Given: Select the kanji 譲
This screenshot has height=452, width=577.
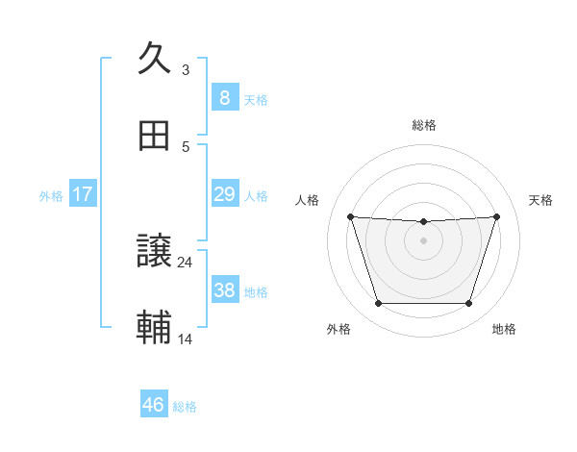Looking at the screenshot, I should coord(154,252).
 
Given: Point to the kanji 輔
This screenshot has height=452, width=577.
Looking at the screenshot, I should coord(154,327).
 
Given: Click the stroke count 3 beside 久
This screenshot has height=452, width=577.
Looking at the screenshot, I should coord(186,69).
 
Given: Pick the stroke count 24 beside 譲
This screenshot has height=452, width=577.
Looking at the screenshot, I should coord(186,262).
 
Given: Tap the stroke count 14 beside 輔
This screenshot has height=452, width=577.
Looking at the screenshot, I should coord(186,339).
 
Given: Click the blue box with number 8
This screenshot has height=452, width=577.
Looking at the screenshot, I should coord(224,98).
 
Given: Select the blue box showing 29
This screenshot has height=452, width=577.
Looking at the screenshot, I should coord(224,194).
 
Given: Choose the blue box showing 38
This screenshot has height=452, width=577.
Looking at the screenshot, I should coord(224,290).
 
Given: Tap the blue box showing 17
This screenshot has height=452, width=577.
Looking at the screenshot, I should coord(83,194).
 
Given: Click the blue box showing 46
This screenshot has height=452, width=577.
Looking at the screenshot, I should coord(153,405).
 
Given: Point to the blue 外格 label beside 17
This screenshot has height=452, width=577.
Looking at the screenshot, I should coord(51,196).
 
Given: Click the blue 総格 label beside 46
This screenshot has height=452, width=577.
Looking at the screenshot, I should coord(185,407).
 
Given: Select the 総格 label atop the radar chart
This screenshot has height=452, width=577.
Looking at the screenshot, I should coord(424,125).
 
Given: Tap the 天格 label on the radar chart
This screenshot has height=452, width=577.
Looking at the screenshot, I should coord(541,200).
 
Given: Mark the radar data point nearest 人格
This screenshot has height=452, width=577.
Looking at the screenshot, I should coord(351,216).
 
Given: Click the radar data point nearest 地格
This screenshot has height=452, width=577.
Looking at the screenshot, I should coord(468,304).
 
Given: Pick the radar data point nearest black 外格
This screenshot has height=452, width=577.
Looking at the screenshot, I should coord(378,304).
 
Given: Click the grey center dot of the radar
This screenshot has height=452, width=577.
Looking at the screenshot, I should coord(423,240).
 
